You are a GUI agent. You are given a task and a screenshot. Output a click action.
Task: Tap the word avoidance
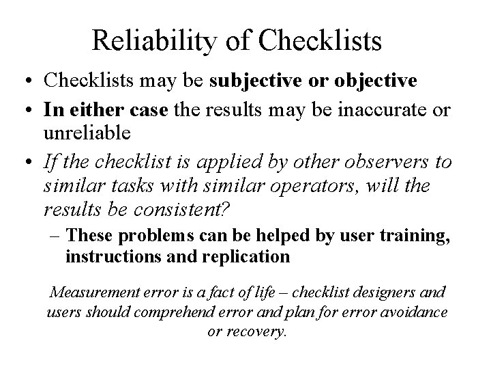click(413, 312)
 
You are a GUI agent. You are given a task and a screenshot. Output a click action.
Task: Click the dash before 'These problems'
click(58, 236)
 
